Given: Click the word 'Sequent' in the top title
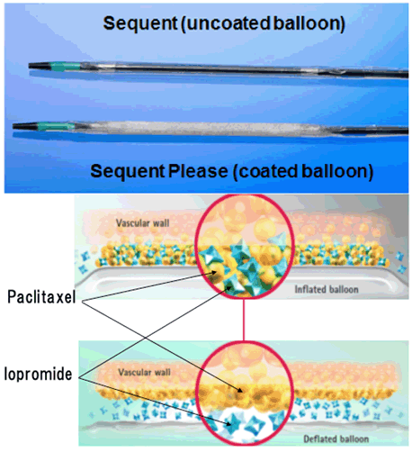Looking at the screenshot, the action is pos(140,23).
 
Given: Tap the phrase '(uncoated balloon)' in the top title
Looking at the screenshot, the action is pos(263,23).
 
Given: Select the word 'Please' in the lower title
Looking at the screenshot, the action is pos(198,172).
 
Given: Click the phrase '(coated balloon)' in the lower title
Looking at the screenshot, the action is pos(303,172).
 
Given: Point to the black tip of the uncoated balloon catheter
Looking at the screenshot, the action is pos(39,66).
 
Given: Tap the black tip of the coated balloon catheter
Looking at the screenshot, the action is pos(24,126).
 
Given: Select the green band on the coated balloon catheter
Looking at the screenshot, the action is pos(55,126).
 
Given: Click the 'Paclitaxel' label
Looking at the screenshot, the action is pos(41,297).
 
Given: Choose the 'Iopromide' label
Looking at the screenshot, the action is pos(38,374).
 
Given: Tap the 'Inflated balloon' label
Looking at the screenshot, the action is pos(327,289).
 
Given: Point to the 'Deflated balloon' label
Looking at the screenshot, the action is pos(336,438).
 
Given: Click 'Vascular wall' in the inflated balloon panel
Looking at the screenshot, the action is pos(143,223).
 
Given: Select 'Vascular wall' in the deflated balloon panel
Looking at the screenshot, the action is pos(145,372).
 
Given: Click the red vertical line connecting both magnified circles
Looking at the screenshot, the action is pos(244,320).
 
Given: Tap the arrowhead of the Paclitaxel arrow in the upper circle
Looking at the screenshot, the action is pos(214,272).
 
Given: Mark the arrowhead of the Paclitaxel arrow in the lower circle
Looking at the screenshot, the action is pos(239,390).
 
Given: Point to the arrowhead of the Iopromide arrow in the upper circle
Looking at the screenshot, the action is pos(229,287).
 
